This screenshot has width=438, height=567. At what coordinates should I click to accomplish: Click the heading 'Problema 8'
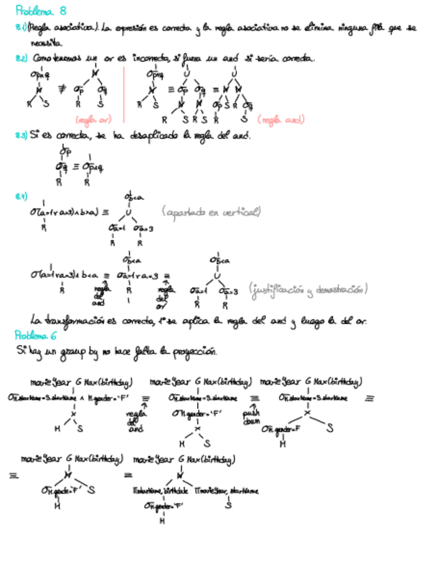pyautogui.click(x=41, y=11)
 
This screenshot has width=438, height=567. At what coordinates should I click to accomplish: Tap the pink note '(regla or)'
pyautogui.click(x=93, y=120)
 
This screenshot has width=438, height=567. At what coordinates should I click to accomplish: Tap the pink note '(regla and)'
pyautogui.click(x=280, y=120)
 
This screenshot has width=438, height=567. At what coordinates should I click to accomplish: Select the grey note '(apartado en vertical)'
pyautogui.click(x=210, y=212)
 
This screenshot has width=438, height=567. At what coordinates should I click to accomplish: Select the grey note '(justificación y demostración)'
pyautogui.click(x=308, y=290)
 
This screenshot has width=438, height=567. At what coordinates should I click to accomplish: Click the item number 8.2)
pyautogui.click(x=21, y=59)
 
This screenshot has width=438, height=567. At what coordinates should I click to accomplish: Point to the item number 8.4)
pyautogui.click(x=21, y=197)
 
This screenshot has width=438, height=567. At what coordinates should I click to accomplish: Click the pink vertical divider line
pyautogui.click(x=124, y=94)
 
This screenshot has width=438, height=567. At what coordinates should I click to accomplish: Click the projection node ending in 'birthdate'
pyautogui.click(x=158, y=491)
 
